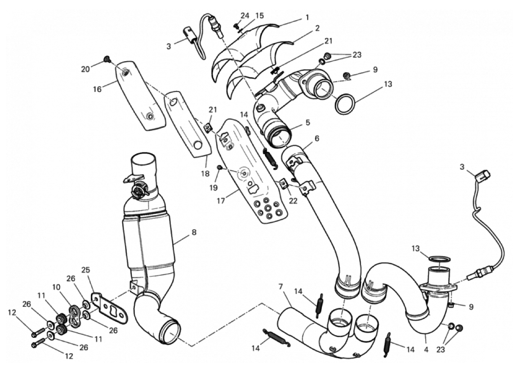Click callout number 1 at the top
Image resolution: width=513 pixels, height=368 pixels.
click(307, 18)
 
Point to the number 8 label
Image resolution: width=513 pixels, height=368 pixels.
click(194, 233)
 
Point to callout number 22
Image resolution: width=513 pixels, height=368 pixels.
click(293, 201)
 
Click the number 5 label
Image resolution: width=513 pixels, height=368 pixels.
click(308, 122)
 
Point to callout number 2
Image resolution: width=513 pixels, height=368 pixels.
click(317, 28)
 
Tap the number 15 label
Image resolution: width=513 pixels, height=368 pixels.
click(259, 16)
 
